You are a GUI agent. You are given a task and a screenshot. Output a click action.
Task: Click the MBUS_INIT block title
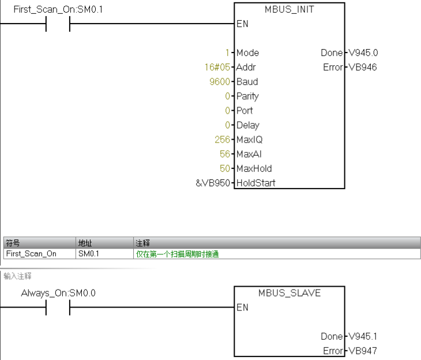tap(290, 10)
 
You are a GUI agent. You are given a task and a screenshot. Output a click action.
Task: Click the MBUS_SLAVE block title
tap(290, 293)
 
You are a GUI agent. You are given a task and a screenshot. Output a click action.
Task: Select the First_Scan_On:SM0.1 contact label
tap(54, 10)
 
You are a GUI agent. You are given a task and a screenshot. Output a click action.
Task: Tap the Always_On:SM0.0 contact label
tap(58, 293)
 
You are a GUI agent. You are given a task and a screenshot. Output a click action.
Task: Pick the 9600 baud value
tap(219, 82)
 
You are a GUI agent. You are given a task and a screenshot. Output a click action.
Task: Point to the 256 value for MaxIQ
tap(221, 140)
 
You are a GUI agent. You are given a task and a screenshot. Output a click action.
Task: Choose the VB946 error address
tap(363, 67)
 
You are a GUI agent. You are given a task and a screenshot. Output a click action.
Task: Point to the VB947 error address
tap(363, 350)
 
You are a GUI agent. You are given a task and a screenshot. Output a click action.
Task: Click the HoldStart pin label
tap(255, 183)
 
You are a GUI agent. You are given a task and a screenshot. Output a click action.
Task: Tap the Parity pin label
tap(247, 96)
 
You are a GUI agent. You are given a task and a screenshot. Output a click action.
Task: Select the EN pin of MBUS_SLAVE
tap(242, 307)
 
